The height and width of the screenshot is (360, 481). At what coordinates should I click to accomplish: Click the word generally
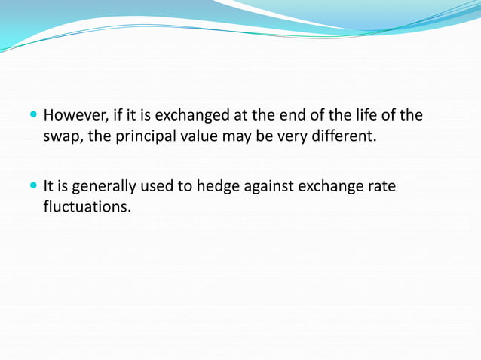point(100,185)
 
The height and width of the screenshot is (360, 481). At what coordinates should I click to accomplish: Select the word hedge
point(218,185)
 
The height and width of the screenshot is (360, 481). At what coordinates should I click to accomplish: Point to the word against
point(268,185)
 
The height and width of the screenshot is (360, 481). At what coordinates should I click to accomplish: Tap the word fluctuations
point(87,206)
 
